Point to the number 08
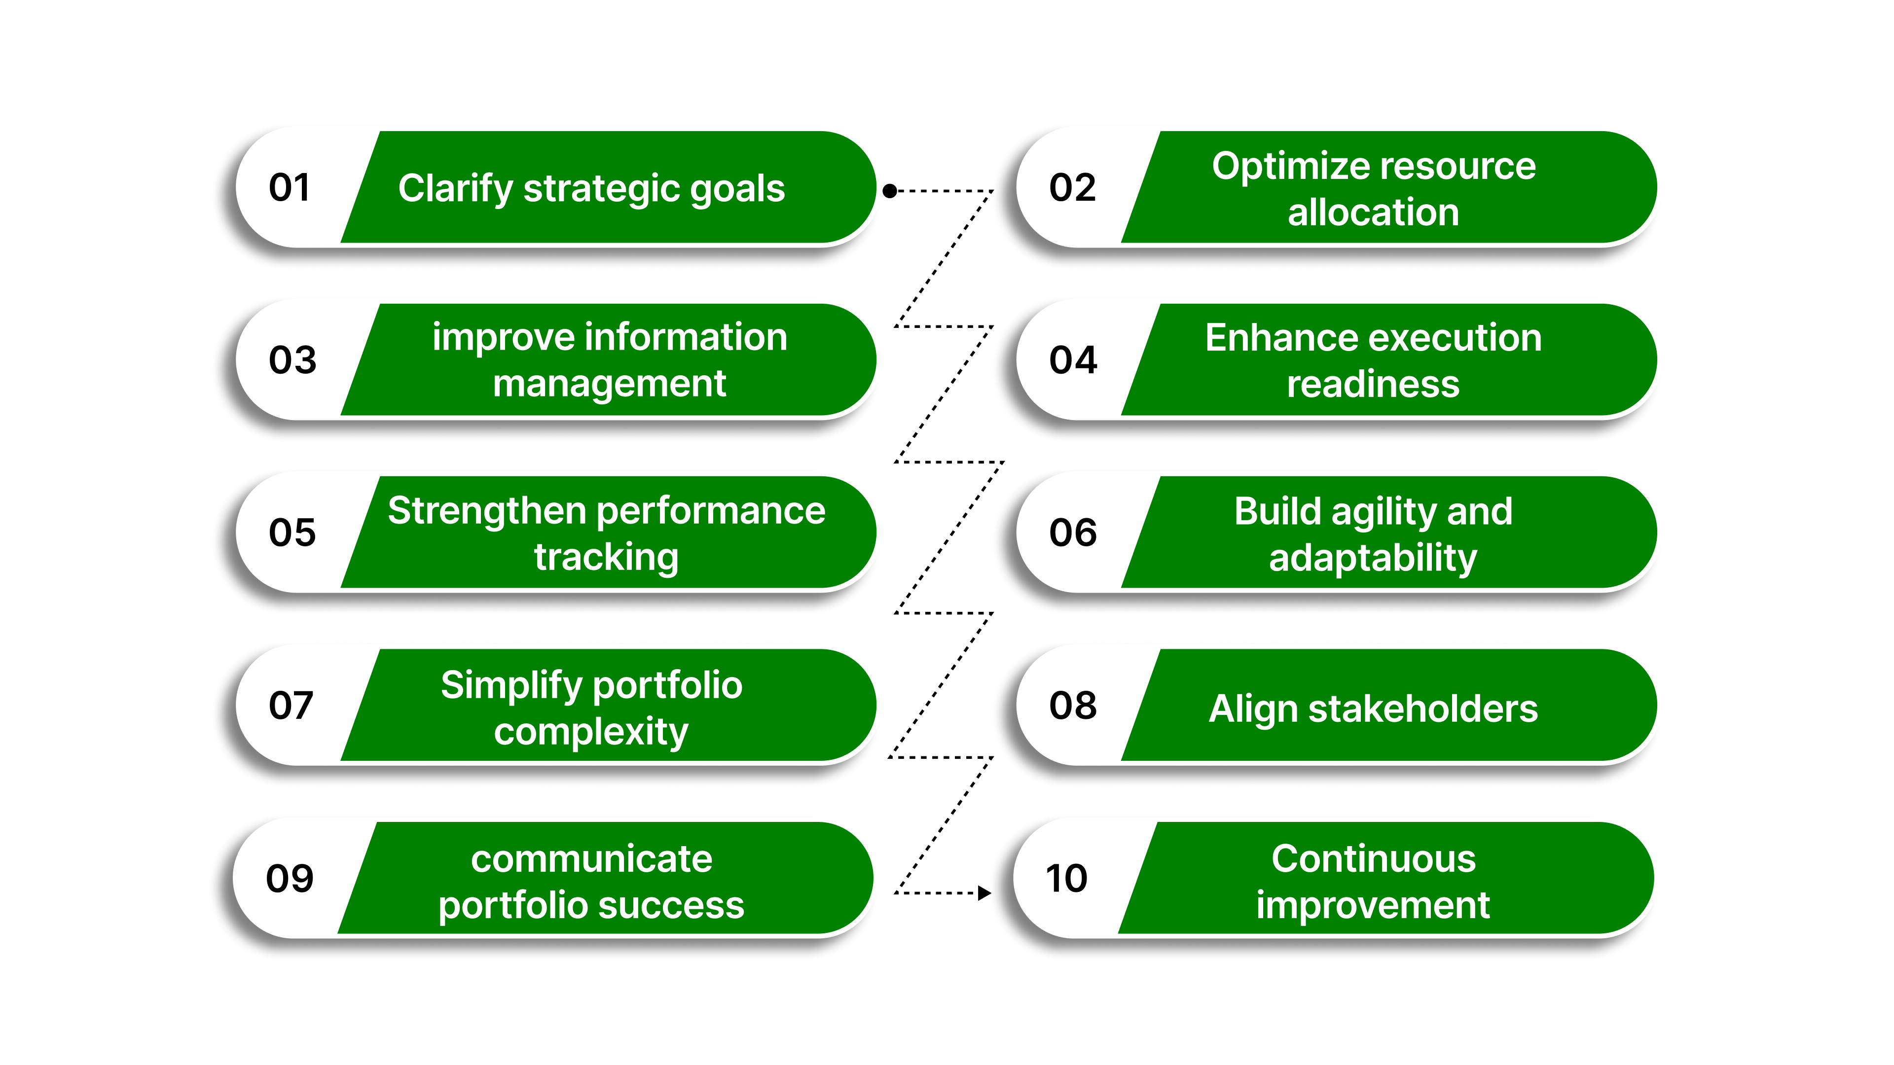coord(1073,705)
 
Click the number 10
coord(1066,878)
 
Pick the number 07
coord(291,705)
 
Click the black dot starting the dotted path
coord(890,191)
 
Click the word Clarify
coord(455,189)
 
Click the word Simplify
coord(511,685)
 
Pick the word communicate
coord(591,858)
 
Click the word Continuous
coord(1374,858)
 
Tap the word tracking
coord(606,557)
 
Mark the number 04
coord(1073,360)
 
